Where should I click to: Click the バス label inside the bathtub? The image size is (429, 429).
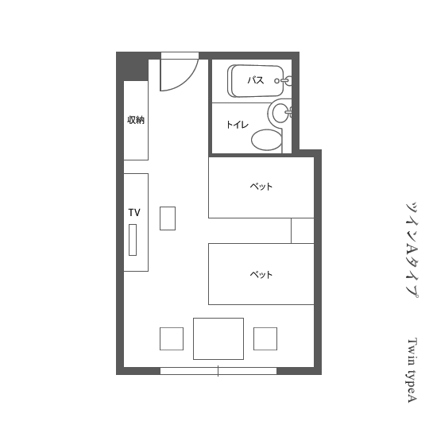point(256,80)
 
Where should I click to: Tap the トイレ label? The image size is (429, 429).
point(238,125)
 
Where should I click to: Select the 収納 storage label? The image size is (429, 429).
point(136,120)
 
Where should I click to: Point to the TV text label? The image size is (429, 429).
point(134,213)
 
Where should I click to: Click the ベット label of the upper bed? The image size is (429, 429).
point(261,187)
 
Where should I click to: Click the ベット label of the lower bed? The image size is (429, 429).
point(261,274)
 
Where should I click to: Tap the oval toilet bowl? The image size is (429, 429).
point(266,140)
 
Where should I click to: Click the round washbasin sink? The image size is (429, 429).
point(280,112)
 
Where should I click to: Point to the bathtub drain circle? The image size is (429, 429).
point(277,81)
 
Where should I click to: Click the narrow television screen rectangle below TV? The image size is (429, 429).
point(133,240)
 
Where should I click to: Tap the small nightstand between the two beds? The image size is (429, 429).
point(303,230)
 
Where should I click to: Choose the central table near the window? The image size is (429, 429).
point(218,338)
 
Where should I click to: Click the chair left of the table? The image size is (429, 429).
point(172,338)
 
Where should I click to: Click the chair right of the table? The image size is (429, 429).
point(265,338)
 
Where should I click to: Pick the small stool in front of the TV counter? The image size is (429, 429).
point(168,218)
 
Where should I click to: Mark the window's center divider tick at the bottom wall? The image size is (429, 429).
point(218,371)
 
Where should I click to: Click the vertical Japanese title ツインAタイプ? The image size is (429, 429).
point(412,250)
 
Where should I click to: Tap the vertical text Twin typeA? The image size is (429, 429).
point(412,370)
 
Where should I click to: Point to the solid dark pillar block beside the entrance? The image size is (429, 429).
point(133,67)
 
